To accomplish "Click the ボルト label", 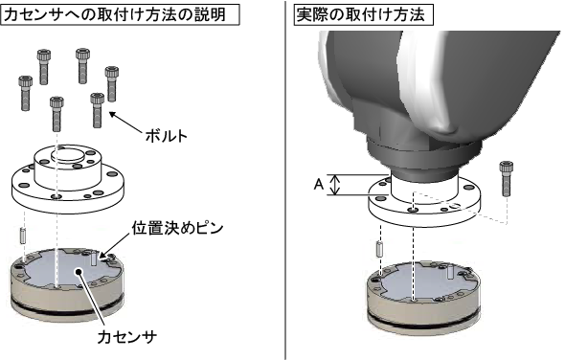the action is tap(166, 136).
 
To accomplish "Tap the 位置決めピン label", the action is tap(177, 228).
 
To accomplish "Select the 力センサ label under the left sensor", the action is tap(127, 337).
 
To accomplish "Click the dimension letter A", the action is tap(319, 185).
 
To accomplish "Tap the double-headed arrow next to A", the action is tap(335, 185).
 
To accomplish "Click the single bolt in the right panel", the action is tap(507, 179).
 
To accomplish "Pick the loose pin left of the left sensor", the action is tap(23, 236).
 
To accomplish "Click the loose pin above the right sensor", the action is tap(379, 249).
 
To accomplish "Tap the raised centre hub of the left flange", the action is tap(68, 167).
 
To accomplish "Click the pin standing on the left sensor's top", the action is tap(94, 259).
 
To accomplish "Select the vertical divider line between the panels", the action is tap(285, 180).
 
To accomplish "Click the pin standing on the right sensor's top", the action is tap(450, 271).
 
